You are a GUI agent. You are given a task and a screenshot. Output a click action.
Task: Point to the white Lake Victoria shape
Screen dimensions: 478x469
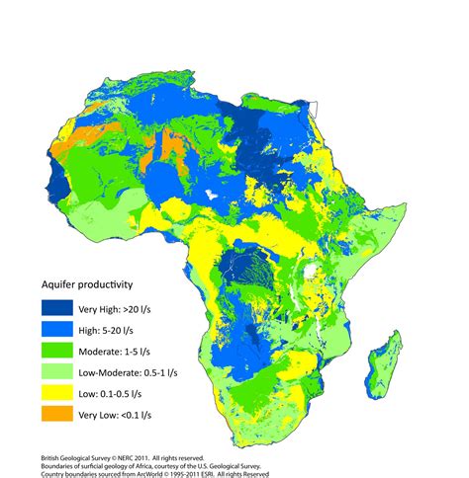click(315, 269)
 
